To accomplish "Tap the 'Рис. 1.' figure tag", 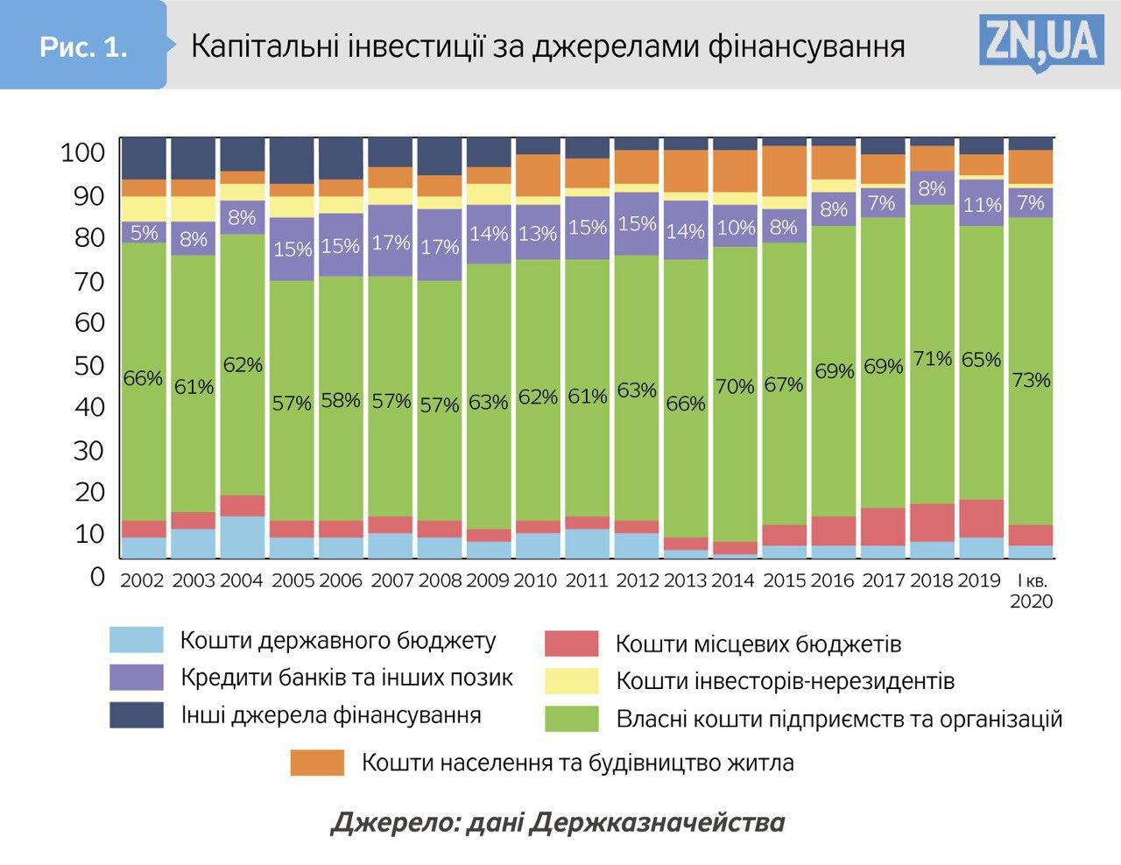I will [x=83, y=46].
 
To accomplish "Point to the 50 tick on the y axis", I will [x=88, y=366].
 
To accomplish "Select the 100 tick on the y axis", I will [x=82, y=154].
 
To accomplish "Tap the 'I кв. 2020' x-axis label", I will [x=1031, y=591].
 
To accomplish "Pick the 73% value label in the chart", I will [x=1031, y=380].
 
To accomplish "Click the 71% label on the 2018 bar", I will [x=932, y=358].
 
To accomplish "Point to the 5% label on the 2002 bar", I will [x=144, y=233].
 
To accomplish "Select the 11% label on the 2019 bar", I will [x=982, y=205].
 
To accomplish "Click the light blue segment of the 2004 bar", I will [x=243, y=537].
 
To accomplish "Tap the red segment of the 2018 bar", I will [x=932, y=523].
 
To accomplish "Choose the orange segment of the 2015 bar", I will [x=784, y=171].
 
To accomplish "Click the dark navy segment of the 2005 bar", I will [x=292, y=159].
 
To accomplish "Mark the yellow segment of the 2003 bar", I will [x=193, y=208].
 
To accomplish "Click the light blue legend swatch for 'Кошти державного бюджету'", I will [x=137, y=640].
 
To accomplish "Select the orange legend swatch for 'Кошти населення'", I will [x=317, y=763].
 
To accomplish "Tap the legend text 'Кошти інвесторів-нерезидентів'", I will [x=785, y=681].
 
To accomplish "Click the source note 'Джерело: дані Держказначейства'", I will [x=558, y=823].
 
